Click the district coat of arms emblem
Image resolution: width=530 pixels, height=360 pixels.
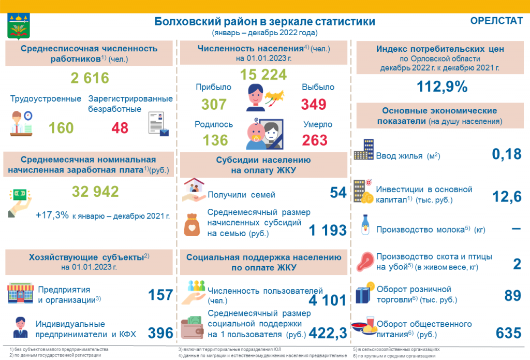[19, 26]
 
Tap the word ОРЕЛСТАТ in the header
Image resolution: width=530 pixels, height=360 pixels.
[496, 21]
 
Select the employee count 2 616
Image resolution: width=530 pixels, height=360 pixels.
[90, 78]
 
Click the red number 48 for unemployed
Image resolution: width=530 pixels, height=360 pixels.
[120, 128]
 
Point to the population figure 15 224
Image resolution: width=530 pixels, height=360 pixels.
[263, 75]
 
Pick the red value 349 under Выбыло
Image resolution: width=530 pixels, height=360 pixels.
[314, 104]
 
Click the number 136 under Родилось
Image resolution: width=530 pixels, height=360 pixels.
[215, 140]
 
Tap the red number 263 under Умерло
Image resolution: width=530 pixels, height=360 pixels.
[315, 140]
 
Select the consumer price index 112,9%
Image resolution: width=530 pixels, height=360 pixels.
[442, 87]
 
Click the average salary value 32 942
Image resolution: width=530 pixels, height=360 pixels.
[95, 192]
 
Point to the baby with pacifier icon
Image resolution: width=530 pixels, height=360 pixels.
[256, 134]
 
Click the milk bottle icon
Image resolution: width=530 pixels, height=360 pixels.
[365, 225]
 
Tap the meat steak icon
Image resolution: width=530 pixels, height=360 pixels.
[365, 261]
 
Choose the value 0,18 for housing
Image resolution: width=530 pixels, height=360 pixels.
[507, 154]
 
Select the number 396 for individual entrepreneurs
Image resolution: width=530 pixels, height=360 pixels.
[160, 333]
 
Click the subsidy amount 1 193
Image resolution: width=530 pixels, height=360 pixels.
[328, 230]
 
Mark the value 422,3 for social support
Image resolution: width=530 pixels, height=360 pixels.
[328, 333]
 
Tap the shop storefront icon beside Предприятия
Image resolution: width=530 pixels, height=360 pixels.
[21, 293]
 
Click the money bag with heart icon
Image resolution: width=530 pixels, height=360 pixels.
[192, 225]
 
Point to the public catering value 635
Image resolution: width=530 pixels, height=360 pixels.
[509, 333]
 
